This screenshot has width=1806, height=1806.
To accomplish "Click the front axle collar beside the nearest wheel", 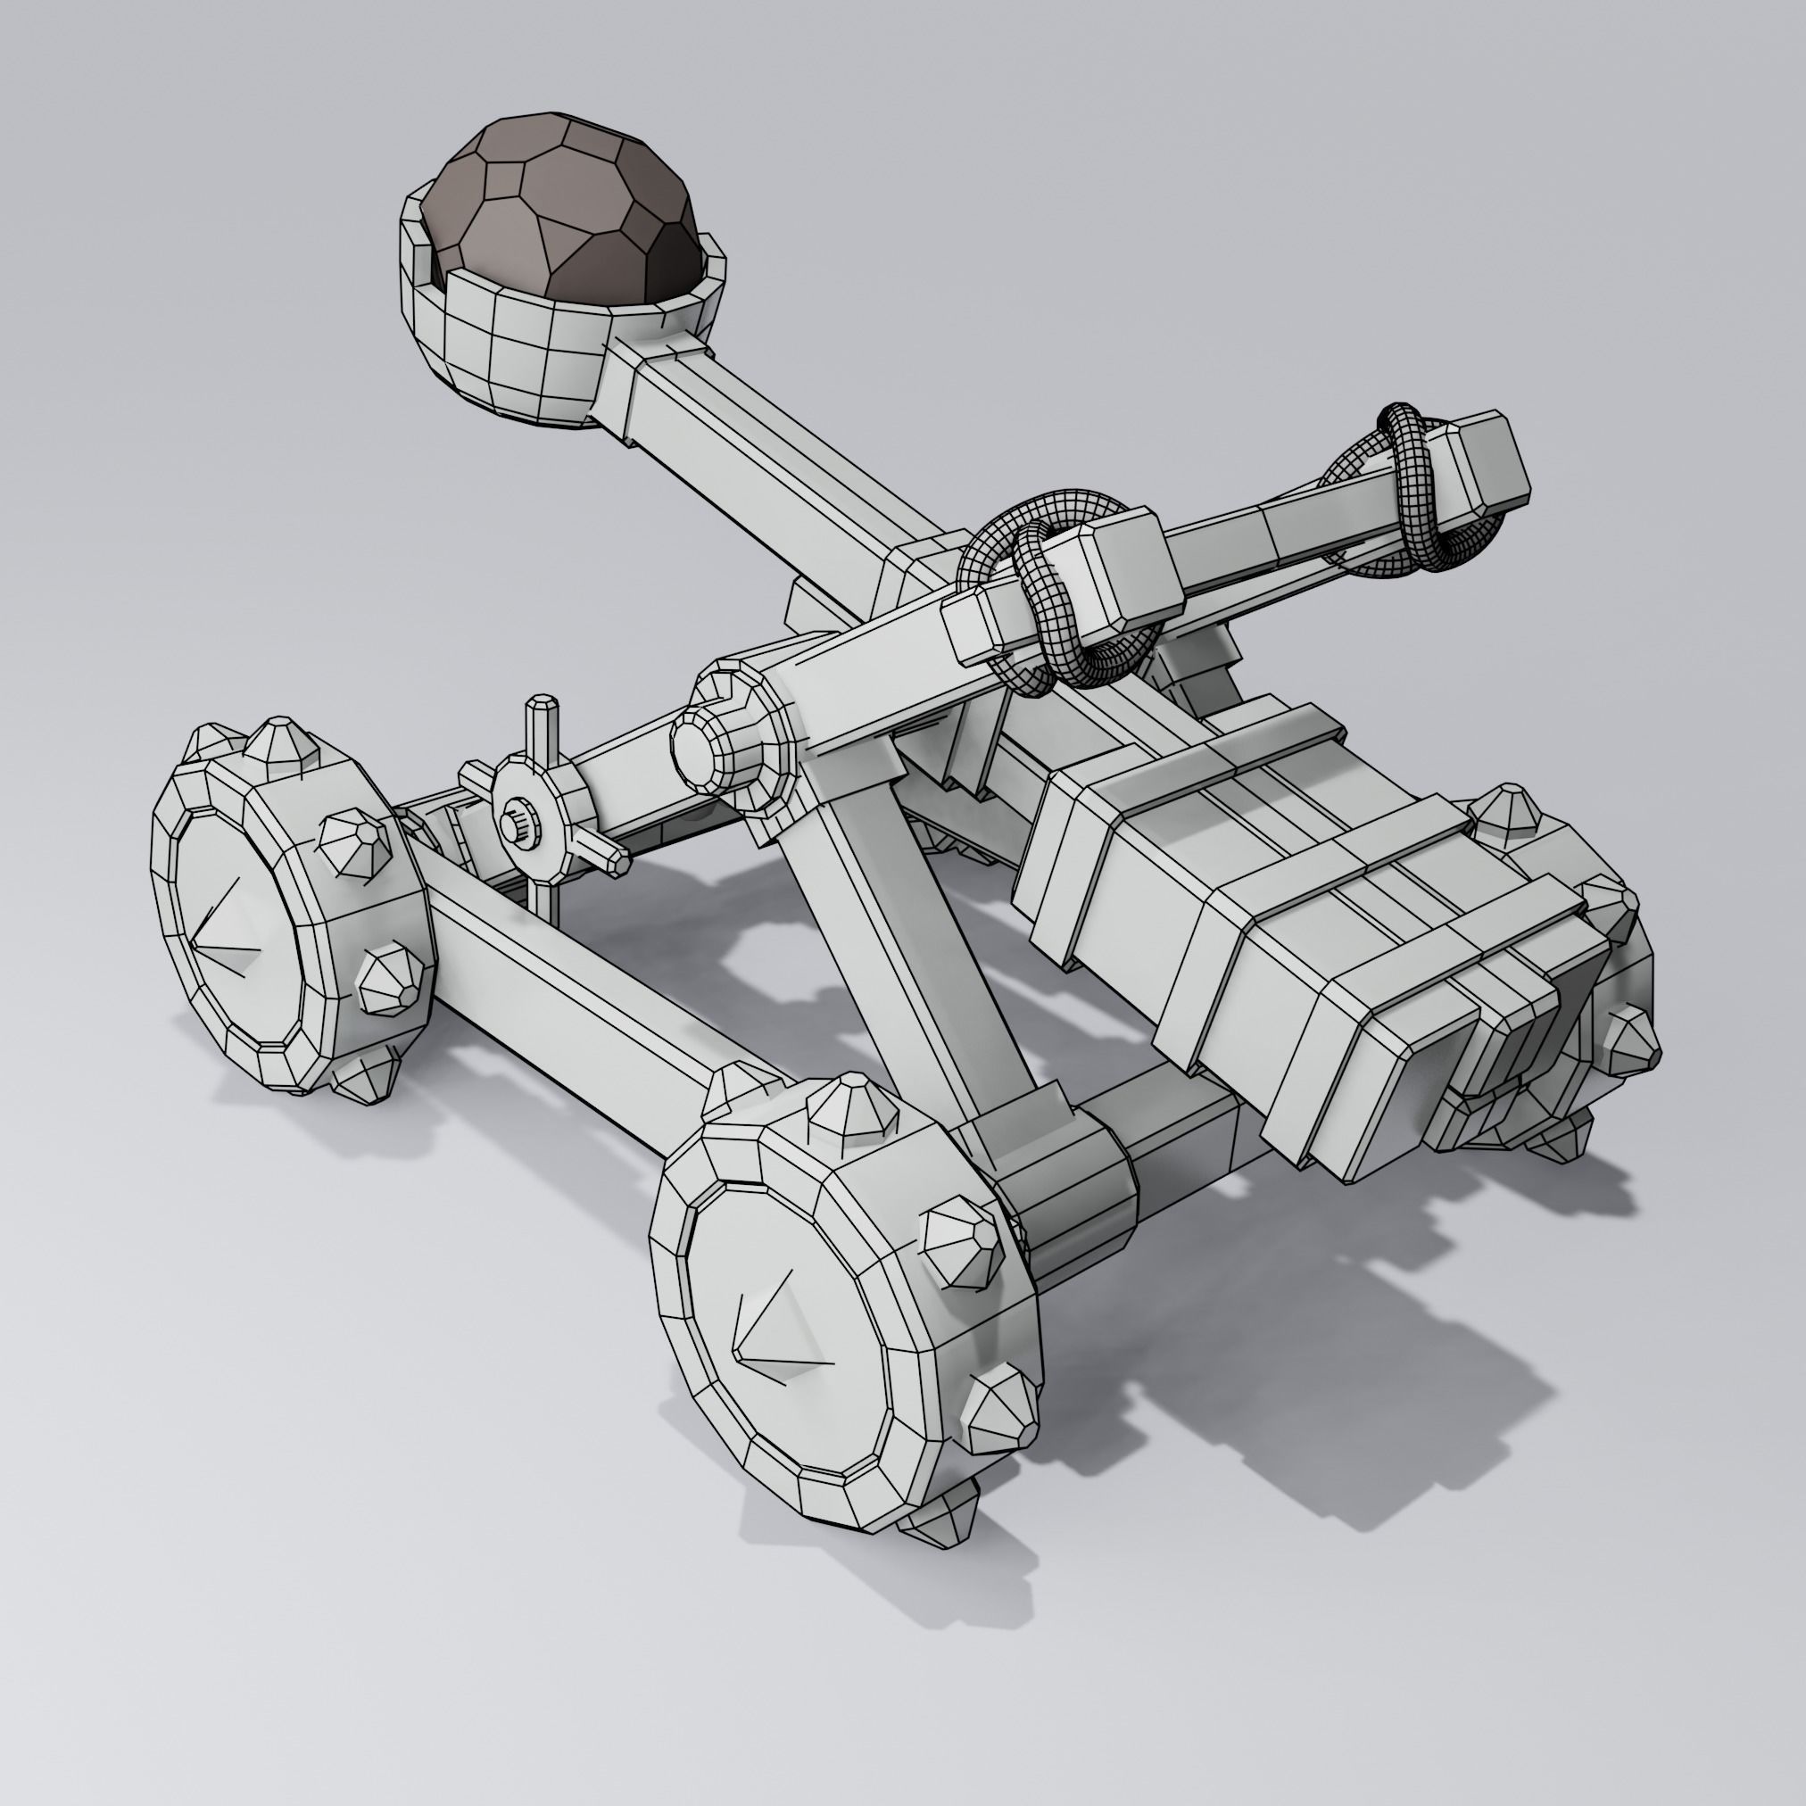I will click(1075, 1187).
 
